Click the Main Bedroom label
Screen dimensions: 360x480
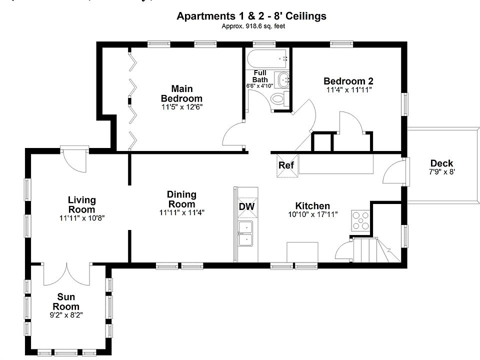point(181,93)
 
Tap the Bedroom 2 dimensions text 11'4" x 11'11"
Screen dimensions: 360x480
point(348,90)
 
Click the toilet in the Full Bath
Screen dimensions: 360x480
point(279,98)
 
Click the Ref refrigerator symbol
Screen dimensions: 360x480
point(287,165)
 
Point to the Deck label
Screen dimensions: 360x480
point(441,163)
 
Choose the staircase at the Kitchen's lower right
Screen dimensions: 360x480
point(375,249)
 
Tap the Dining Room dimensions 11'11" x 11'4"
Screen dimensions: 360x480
point(182,212)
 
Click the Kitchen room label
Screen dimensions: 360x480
point(312,206)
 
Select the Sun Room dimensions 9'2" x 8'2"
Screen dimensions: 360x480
point(66,315)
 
